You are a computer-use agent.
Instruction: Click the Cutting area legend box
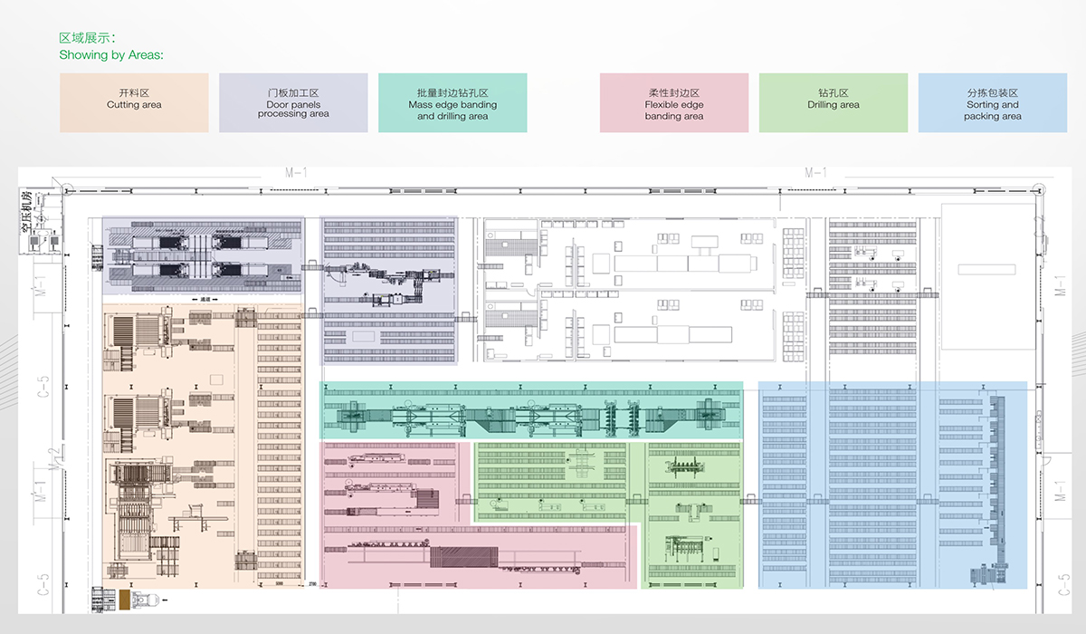(134, 102)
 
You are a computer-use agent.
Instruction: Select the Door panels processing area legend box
(293, 102)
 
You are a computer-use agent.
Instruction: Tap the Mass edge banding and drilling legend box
(452, 102)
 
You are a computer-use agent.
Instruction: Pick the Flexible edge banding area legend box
(674, 102)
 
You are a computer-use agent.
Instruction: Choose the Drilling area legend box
(834, 102)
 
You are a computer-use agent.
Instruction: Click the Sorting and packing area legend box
(993, 102)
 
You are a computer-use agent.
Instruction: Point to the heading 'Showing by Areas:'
(111, 55)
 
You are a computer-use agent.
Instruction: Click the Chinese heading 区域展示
(87, 39)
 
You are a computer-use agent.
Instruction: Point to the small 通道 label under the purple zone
(205, 299)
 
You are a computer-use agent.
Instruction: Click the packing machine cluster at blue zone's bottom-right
(987, 576)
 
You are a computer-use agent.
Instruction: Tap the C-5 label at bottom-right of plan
(1058, 584)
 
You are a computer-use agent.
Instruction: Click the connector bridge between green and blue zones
(750, 501)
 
